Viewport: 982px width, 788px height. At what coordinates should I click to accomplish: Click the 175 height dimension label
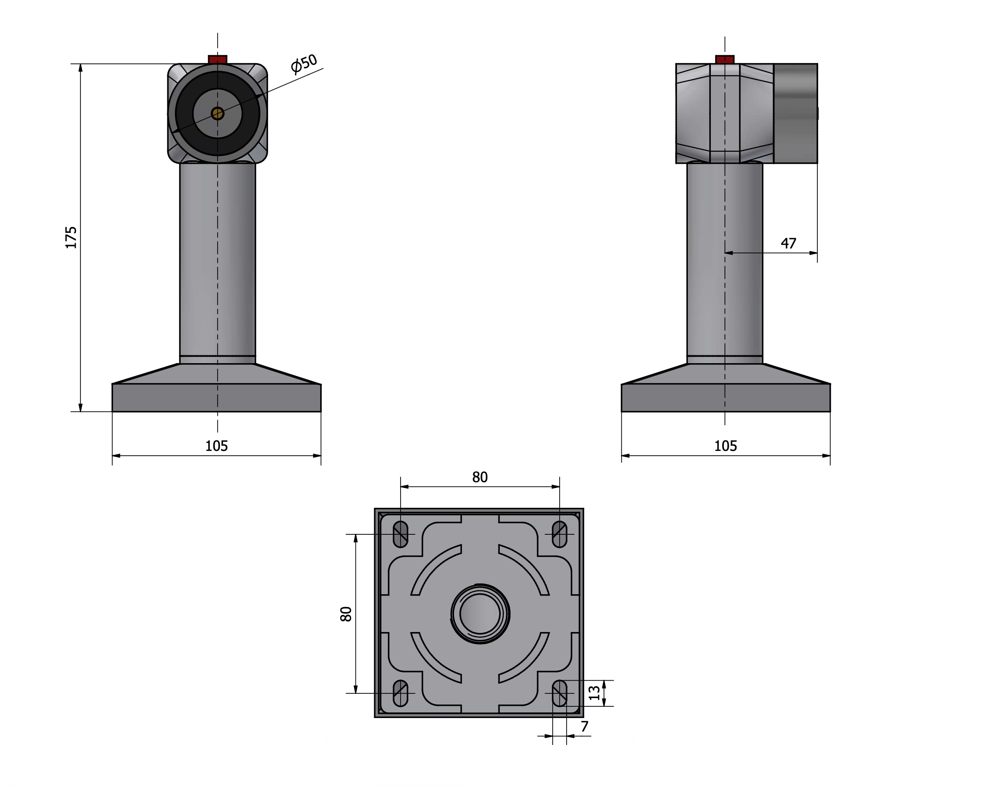coord(71,237)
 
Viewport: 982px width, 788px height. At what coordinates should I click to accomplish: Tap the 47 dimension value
coord(788,244)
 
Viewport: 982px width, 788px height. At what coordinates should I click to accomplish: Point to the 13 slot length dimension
coord(594,693)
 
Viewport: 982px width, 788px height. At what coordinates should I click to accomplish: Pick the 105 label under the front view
coord(216,446)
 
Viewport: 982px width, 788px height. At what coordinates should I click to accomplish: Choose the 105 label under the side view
coord(726,446)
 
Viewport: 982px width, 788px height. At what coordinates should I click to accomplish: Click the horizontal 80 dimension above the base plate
coord(480,477)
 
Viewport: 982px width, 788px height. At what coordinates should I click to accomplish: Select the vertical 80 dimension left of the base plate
coord(346,614)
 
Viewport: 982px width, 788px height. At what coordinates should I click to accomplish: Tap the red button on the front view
coord(218,60)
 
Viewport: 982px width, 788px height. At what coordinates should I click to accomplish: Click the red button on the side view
coord(725,60)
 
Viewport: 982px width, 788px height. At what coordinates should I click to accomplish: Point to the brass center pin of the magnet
coord(218,113)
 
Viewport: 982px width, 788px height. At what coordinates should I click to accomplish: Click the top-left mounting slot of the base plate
coord(400,534)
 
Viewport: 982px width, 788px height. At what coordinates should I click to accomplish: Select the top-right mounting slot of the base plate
coord(559,534)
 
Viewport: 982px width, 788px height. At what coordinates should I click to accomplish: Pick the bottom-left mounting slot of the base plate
coord(400,693)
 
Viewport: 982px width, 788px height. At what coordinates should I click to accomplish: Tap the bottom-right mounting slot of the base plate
coord(559,693)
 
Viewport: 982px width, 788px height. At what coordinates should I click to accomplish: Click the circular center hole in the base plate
coord(480,614)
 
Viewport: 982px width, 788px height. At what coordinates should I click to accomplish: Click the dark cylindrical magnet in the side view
coord(796,113)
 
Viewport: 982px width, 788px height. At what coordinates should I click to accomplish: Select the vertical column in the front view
coord(218,263)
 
